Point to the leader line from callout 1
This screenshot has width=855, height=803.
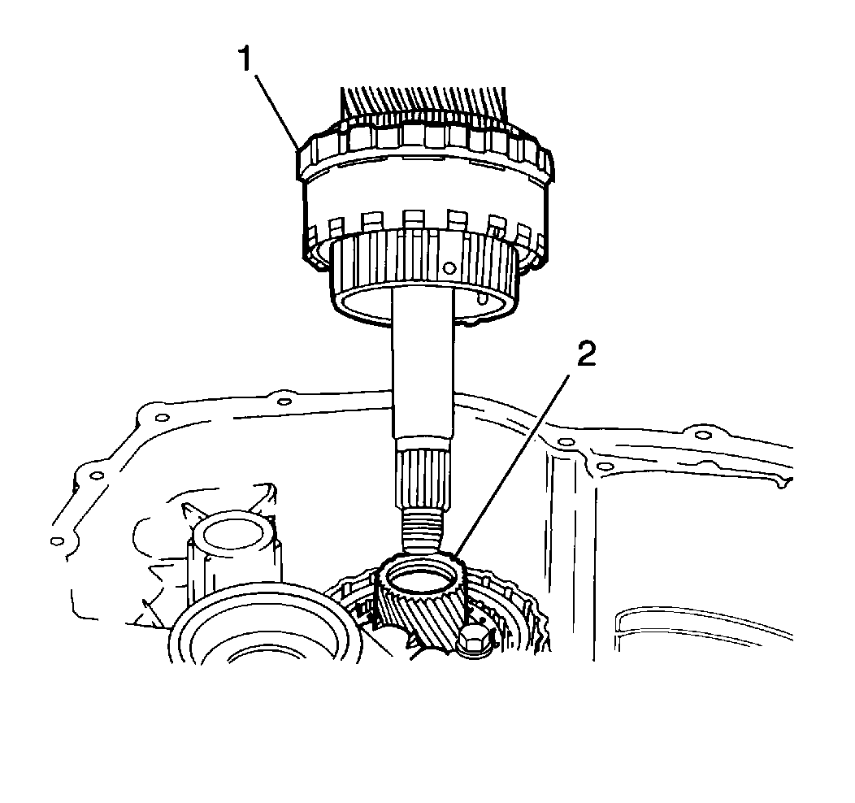tap(278, 112)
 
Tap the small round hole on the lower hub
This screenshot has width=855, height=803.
tap(449, 267)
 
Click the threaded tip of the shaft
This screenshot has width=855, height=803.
tap(423, 529)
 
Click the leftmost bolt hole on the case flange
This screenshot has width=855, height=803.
tap(57, 541)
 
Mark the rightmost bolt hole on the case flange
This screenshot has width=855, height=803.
tap(703, 435)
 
